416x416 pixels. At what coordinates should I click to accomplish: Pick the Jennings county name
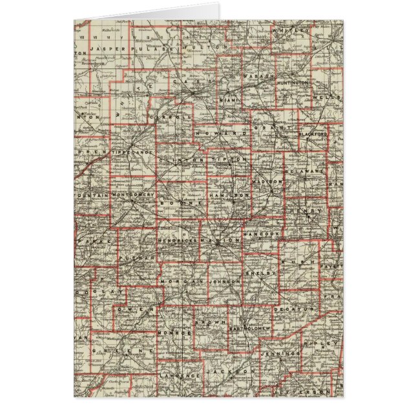tap(282, 354)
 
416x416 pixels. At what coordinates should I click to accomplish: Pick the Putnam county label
tap(140, 256)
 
